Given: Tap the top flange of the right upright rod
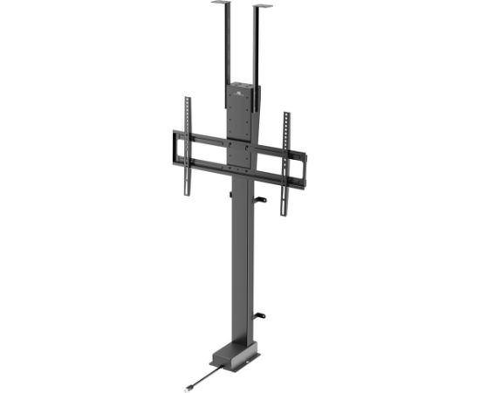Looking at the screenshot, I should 263,8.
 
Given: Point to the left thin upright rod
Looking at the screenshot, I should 223,44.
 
